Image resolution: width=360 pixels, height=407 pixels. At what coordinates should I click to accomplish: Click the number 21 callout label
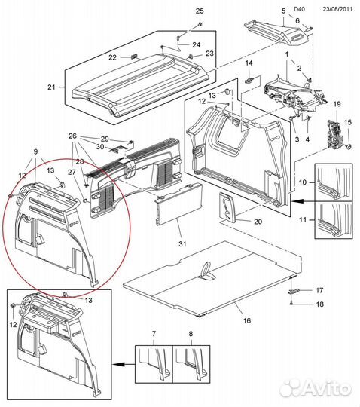pyautogui.click(x=51, y=87)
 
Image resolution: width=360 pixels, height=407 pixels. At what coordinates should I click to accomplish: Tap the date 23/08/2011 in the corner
pyautogui.click(x=337, y=9)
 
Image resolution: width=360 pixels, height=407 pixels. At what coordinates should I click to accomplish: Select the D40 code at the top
pyautogui.click(x=299, y=9)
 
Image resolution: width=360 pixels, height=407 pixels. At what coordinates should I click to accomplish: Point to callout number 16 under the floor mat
pyautogui.click(x=247, y=320)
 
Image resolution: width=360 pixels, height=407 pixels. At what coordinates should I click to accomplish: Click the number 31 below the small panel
pyautogui.click(x=182, y=244)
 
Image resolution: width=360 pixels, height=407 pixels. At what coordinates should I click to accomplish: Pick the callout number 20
pyautogui.click(x=258, y=222)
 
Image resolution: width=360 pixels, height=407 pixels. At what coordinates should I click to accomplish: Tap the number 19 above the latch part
pyautogui.click(x=337, y=104)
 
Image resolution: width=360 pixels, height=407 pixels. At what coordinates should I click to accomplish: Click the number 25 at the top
pyautogui.click(x=200, y=11)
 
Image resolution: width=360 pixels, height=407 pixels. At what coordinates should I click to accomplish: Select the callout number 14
pyautogui.click(x=249, y=63)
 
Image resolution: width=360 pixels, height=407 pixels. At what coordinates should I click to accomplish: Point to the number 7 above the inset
pyautogui.click(x=154, y=333)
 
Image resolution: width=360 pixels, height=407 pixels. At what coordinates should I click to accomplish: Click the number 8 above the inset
pyautogui.click(x=191, y=334)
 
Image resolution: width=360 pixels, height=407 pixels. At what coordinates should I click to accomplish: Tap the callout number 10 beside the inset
pyautogui.click(x=303, y=182)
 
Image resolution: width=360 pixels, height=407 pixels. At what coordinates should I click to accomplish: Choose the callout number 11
pyautogui.click(x=303, y=220)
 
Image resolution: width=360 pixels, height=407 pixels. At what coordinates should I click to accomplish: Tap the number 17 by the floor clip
pyautogui.click(x=319, y=290)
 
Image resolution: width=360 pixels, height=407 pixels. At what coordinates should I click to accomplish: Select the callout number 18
pyautogui.click(x=320, y=304)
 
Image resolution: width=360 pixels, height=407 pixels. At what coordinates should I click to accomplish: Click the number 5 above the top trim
pyautogui.click(x=283, y=11)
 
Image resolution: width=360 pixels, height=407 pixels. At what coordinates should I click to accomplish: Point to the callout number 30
pyautogui.click(x=100, y=147)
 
